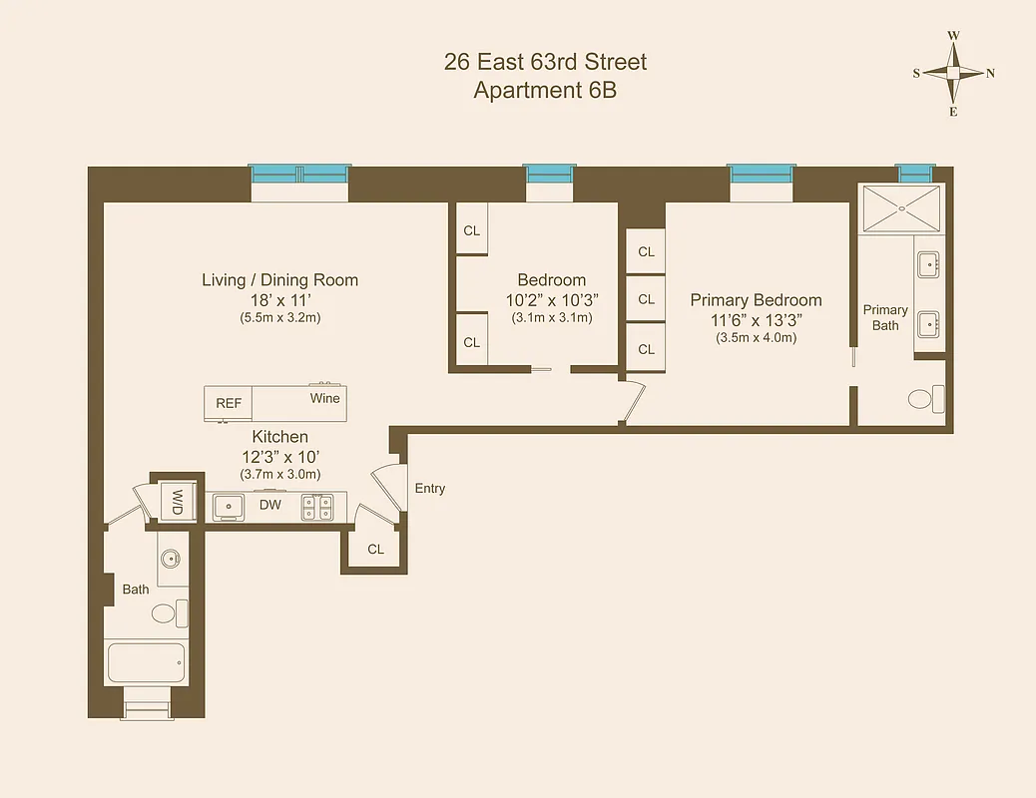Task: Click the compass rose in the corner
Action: click(953, 73)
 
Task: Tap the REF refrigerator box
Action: click(229, 403)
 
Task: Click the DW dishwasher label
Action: click(269, 505)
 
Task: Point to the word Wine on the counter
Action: click(325, 398)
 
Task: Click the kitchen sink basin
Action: click(230, 506)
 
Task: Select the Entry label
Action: click(430, 489)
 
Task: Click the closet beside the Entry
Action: click(375, 549)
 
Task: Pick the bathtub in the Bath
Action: click(146, 661)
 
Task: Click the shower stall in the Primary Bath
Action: click(900, 208)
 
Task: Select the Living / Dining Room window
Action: click(298, 175)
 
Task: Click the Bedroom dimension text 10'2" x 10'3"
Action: click(551, 299)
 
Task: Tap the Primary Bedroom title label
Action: click(756, 300)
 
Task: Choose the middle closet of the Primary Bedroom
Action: click(646, 298)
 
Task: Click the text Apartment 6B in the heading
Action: click(545, 91)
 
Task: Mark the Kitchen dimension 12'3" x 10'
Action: click(279, 456)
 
